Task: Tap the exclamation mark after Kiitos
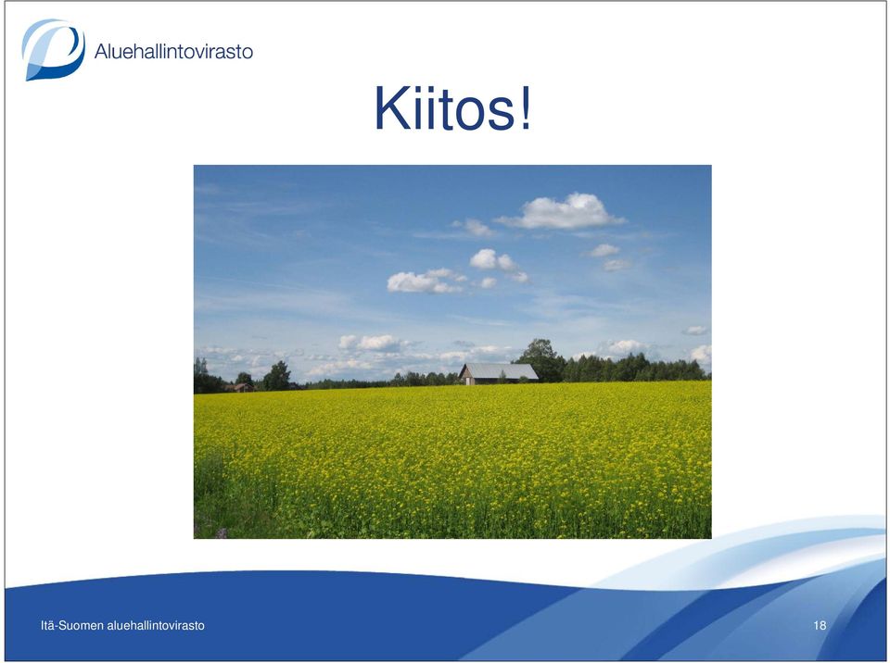pyautogui.click(x=526, y=107)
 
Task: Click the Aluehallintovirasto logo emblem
pyautogui.click(x=54, y=49)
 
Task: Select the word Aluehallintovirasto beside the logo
pyautogui.click(x=173, y=51)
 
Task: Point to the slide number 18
pyautogui.click(x=820, y=626)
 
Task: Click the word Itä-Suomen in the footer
pyautogui.click(x=72, y=626)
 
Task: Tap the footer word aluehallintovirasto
pyautogui.click(x=156, y=626)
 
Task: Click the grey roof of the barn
pyautogui.click(x=501, y=371)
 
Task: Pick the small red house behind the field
pyautogui.click(x=241, y=387)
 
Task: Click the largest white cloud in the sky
pyautogui.click(x=562, y=211)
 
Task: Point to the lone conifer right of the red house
pyautogui.click(x=277, y=375)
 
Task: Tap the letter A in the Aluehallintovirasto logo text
pyautogui.click(x=102, y=52)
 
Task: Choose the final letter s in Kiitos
pyautogui.click(x=500, y=113)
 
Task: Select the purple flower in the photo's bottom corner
pyautogui.click(x=222, y=533)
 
